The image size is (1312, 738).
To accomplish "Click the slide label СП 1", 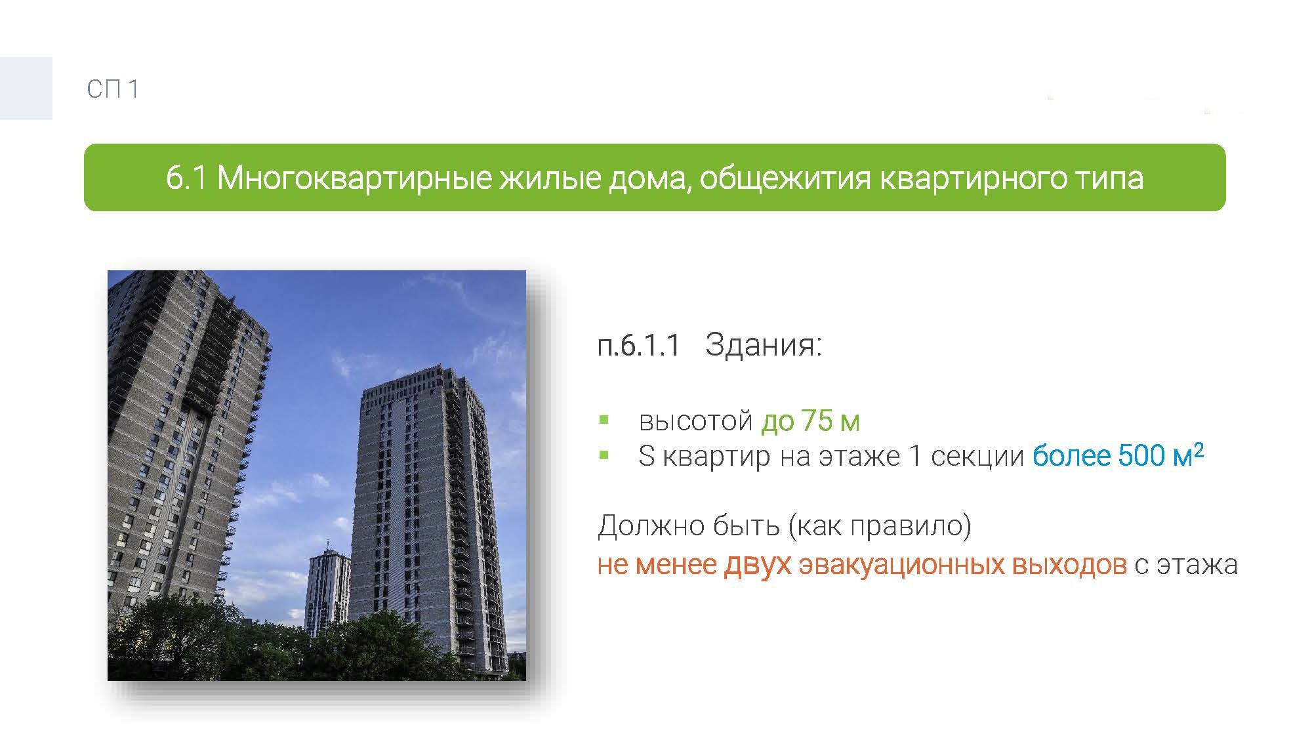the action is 113,89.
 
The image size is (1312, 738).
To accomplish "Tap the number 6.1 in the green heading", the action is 187,178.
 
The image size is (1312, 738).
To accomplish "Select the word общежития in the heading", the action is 785,178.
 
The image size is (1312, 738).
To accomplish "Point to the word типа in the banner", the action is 1109,178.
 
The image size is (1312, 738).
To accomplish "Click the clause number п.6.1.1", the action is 640,345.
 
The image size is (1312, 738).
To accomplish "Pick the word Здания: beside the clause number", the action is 764,345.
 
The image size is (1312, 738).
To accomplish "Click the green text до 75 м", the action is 810,420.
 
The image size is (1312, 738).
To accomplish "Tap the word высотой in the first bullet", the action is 695,421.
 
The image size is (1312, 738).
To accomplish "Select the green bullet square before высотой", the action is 604,420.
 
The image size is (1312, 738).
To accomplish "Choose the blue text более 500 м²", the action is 1118,455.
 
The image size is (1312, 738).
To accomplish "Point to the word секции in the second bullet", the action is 977,457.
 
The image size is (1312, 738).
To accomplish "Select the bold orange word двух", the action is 758,565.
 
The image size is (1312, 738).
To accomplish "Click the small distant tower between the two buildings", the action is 327,590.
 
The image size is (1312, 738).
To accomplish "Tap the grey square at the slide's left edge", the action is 26,88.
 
